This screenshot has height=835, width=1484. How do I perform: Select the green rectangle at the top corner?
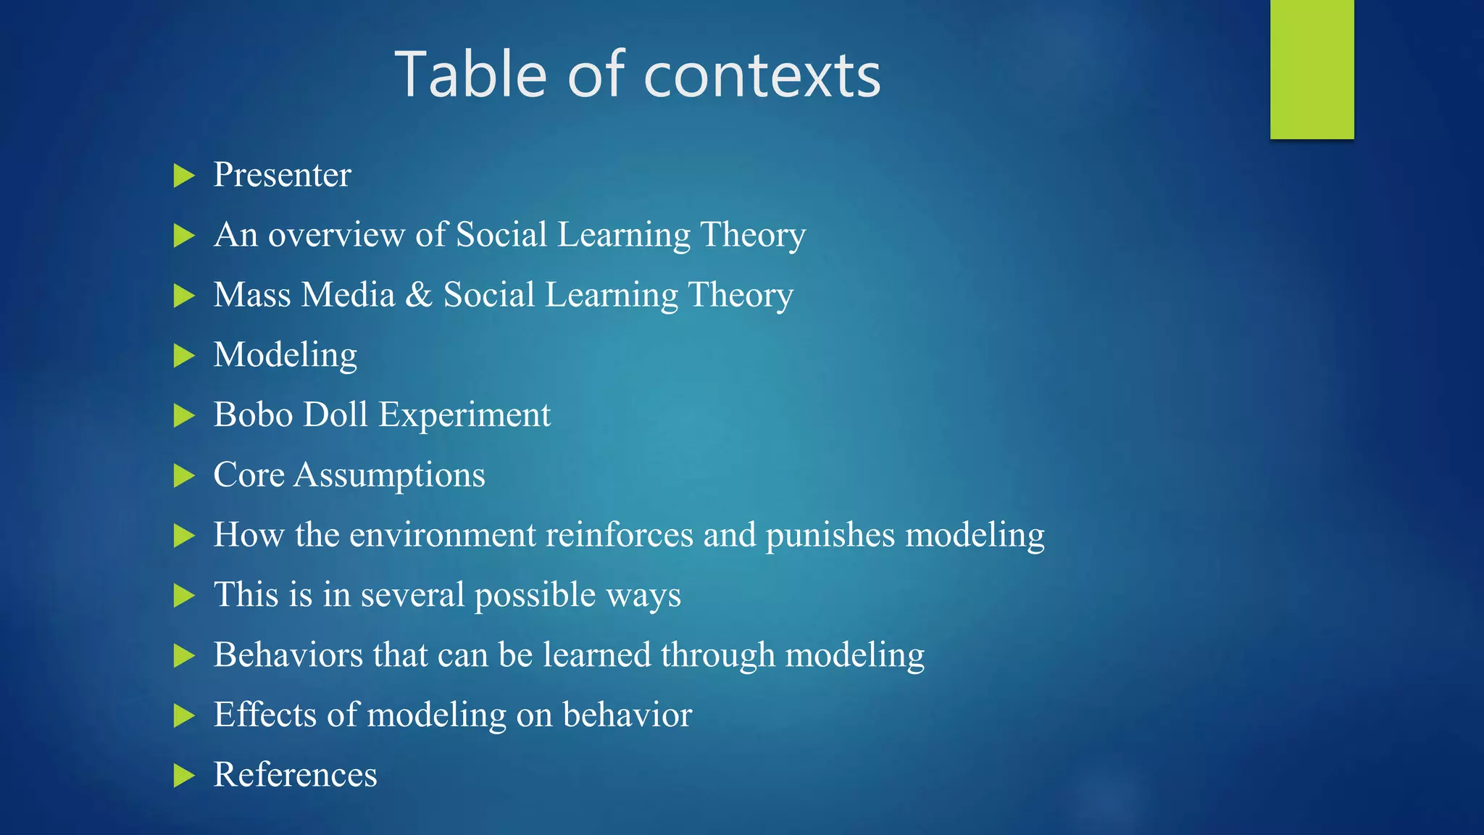pyautogui.click(x=1312, y=69)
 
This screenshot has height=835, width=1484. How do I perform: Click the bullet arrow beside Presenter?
pyautogui.click(x=184, y=175)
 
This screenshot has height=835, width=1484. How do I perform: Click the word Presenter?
pyautogui.click(x=282, y=175)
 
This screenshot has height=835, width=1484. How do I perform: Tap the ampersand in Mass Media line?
pyautogui.click(x=419, y=295)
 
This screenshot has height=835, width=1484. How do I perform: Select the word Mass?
pyautogui.click(x=252, y=295)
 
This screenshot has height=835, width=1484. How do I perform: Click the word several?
pyautogui.click(x=412, y=595)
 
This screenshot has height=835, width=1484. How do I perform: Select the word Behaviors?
pyautogui.click(x=288, y=655)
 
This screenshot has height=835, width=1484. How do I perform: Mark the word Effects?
pyautogui.click(x=264, y=715)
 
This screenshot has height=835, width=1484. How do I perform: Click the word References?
pyautogui.click(x=295, y=775)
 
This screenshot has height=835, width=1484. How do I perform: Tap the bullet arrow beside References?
pyautogui.click(x=184, y=776)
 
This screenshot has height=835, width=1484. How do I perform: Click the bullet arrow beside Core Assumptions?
pyautogui.click(x=184, y=476)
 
